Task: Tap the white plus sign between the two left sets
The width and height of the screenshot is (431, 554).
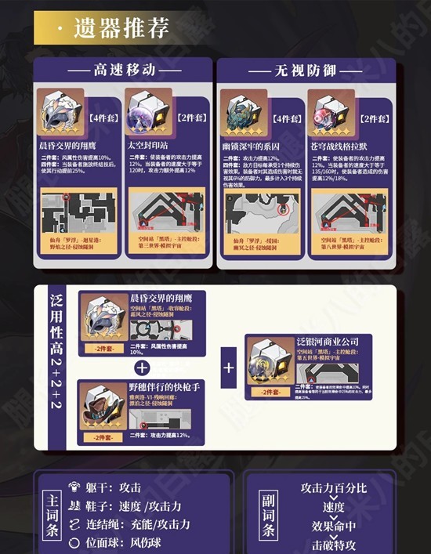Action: tap(142, 367)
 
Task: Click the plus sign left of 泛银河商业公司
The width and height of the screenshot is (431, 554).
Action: tap(229, 367)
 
